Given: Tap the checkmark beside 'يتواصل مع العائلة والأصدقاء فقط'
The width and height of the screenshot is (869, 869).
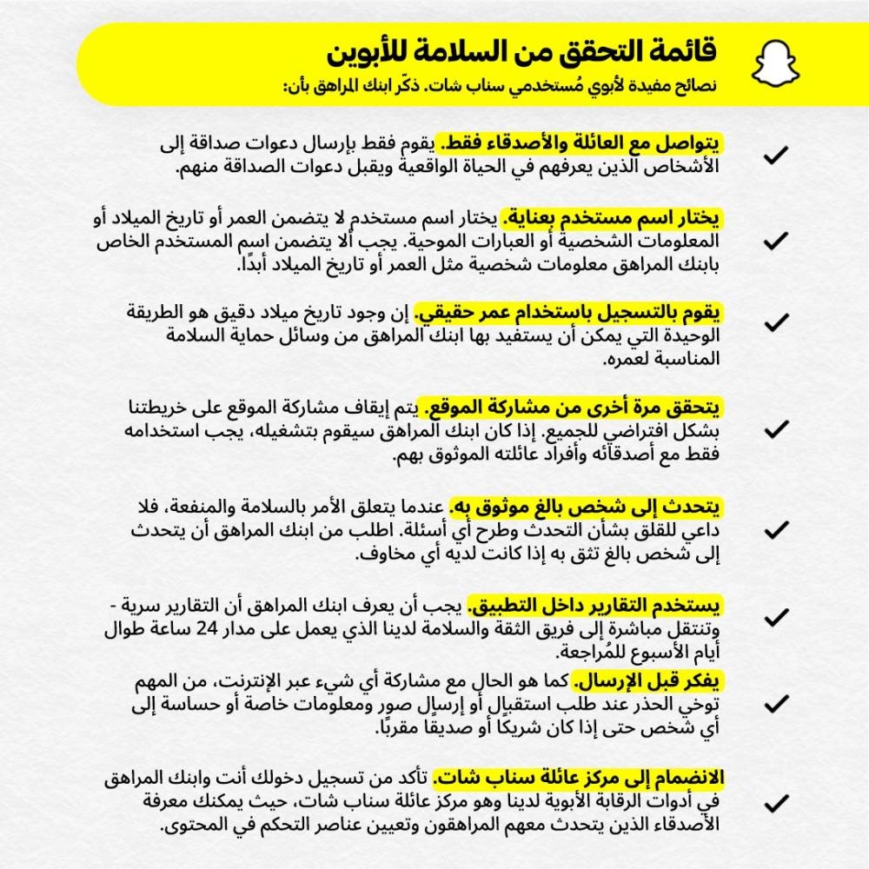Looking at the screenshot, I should tap(775, 156).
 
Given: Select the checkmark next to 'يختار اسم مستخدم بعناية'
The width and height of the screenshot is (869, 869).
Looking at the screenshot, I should tap(775, 240).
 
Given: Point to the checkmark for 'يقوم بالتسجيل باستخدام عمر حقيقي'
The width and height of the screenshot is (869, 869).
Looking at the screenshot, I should tap(775, 322).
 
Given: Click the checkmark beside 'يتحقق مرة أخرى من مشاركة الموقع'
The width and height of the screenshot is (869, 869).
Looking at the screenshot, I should tap(775, 429).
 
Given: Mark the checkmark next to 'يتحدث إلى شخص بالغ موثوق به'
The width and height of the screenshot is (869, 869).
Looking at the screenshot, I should tap(775, 529).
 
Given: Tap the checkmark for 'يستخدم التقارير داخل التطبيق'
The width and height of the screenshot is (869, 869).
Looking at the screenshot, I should tap(775, 617).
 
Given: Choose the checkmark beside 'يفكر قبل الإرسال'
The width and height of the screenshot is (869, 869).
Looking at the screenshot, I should tap(775, 702).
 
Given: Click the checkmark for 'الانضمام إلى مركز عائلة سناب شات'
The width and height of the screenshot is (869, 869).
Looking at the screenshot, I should tap(775, 800).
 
